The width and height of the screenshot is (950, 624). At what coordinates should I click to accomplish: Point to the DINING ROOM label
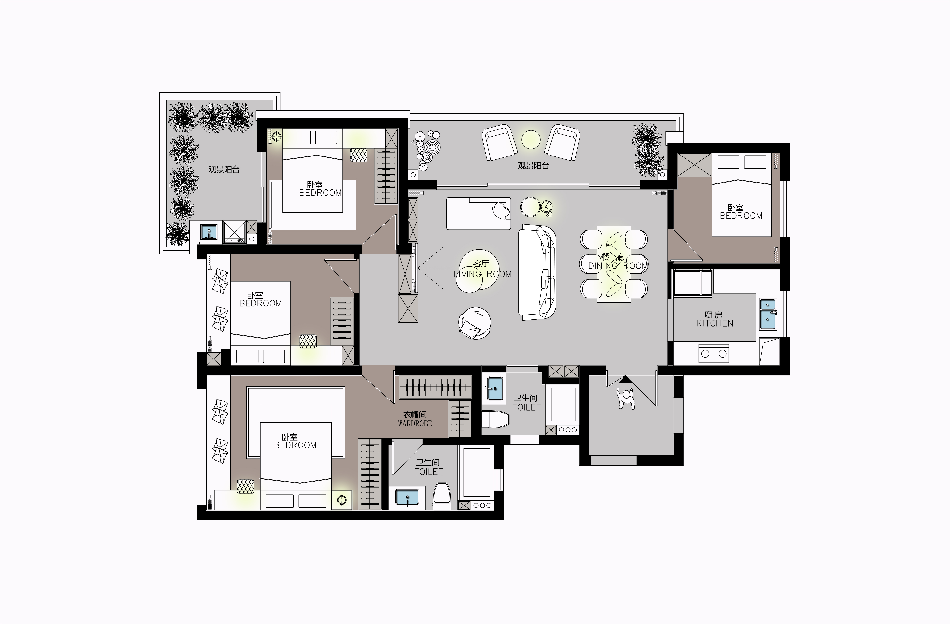[x=618, y=266]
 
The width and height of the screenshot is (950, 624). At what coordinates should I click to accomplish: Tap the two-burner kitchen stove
[x=714, y=353]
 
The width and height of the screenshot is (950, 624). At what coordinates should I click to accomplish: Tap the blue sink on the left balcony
[x=209, y=232]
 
